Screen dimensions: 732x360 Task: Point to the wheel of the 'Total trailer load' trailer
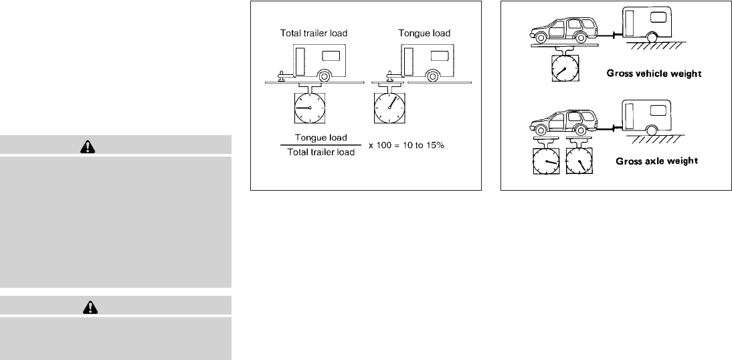(x=324, y=76)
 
